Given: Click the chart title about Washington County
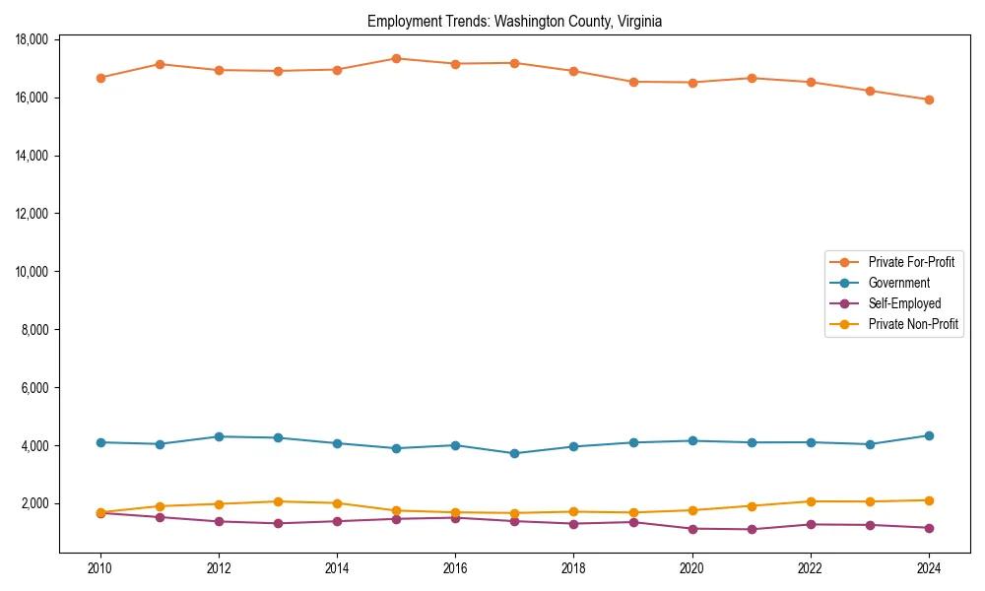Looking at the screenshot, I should [x=514, y=21].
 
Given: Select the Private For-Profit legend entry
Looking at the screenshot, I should [x=904, y=262].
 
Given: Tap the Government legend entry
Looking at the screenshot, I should [x=898, y=283].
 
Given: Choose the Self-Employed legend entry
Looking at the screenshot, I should [x=904, y=303].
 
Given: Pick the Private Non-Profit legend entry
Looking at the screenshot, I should [x=913, y=324].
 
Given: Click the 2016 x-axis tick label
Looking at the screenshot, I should [x=455, y=568].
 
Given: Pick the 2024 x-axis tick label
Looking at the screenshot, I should [x=929, y=568].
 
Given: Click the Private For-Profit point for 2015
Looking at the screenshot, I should [x=396, y=58].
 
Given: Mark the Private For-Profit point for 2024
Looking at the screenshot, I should [x=929, y=99].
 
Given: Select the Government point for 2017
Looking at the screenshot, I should [x=514, y=453].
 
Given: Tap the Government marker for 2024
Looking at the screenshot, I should [x=929, y=435].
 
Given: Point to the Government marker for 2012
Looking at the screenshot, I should [x=219, y=436].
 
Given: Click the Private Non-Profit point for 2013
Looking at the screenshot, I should [x=278, y=501].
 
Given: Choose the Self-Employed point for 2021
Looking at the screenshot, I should [x=752, y=529].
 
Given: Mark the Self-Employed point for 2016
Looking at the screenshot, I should [x=455, y=517].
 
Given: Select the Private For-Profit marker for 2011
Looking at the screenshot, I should [x=159, y=64].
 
